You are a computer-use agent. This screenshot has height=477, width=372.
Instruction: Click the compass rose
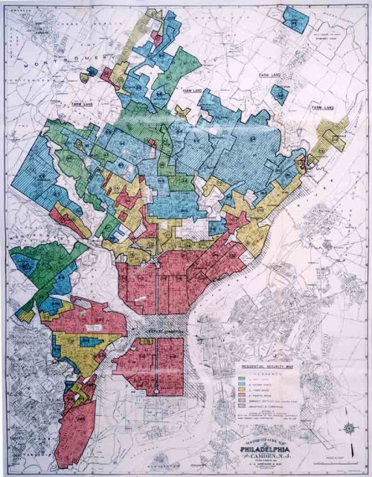tap(348, 428)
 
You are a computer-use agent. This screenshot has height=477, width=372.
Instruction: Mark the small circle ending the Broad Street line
tap(156, 391)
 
